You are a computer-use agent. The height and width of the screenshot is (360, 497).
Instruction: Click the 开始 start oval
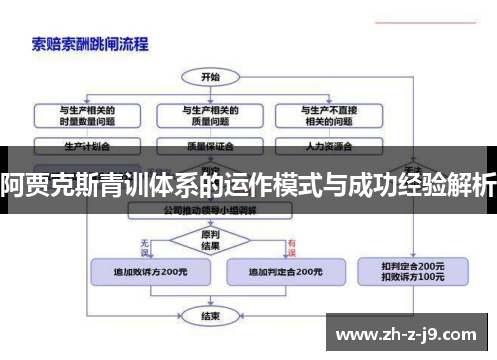(x=210, y=76)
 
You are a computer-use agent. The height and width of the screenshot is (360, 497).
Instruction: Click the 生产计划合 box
(x=87, y=145)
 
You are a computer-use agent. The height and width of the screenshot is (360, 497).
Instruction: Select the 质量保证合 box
(x=209, y=145)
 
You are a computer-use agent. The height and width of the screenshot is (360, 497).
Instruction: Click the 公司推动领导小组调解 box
(x=210, y=211)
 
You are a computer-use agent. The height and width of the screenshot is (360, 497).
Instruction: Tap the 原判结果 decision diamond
(x=210, y=240)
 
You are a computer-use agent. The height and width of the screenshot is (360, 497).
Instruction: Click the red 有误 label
(x=293, y=242)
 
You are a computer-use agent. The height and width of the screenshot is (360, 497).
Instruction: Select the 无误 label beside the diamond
(x=145, y=242)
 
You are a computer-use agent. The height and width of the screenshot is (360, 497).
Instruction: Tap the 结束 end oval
(x=210, y=316)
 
